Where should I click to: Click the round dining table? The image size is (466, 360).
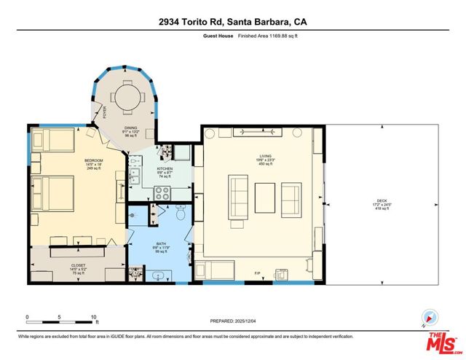[130, 95]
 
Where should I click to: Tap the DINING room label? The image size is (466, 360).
[131, 128]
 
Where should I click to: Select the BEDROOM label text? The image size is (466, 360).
[94, 160]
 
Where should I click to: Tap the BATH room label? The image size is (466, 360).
[161, 244]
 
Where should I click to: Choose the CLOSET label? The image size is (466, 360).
[77, 266]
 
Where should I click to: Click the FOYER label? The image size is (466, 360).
[104, 112]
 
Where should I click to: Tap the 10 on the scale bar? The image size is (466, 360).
[93, 317]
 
